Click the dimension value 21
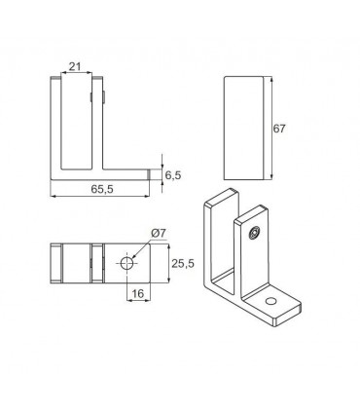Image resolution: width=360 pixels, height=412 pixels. click(x=75, y=66)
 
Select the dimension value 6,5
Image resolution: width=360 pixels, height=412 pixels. click(x=173, y=175)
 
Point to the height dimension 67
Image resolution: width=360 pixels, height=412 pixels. click(x=279, y=129)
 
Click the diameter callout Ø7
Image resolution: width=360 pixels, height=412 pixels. click(x=159, y=233)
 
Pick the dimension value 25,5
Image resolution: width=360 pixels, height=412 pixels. click(x=183, y=264)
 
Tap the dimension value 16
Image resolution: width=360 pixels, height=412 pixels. click(x=138, y=293)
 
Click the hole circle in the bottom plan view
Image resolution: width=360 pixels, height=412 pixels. click(x=126, y=263)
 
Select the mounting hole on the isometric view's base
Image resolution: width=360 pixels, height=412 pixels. click(x=270, y=301)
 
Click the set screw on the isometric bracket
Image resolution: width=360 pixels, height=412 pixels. click(x=254, y=233)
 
